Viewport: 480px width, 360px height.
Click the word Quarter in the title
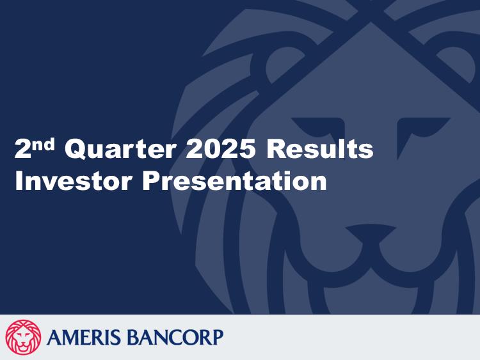(x=120, y=149)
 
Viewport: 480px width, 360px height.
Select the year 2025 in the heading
(x=220, y=149)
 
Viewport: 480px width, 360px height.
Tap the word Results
(x=319, y=149)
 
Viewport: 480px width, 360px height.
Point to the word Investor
(x=74, y=181)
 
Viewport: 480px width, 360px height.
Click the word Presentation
(x=234, y=181)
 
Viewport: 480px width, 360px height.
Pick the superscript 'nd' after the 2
(x=43, y=144)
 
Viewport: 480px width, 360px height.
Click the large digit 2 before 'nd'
(x=23, y=149)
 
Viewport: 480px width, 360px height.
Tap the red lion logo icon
(x=23, y=338)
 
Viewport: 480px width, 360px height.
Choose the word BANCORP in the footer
(x=175, y=338)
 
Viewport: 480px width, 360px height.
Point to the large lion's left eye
(x=318, y=128)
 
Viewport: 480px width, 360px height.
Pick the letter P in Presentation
(x=152, y=181)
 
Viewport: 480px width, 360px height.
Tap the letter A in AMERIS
(x=55, y=338)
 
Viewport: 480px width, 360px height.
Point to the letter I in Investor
(x=19, y=181)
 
